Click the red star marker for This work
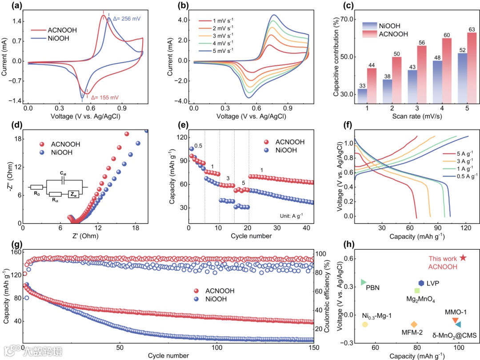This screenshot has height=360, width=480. tap(463, 258)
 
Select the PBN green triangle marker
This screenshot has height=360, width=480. tap(363, 282)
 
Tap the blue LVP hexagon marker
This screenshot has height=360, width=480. tap(421, 283)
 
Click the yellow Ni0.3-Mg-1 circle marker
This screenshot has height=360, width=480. tap(365, 324)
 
